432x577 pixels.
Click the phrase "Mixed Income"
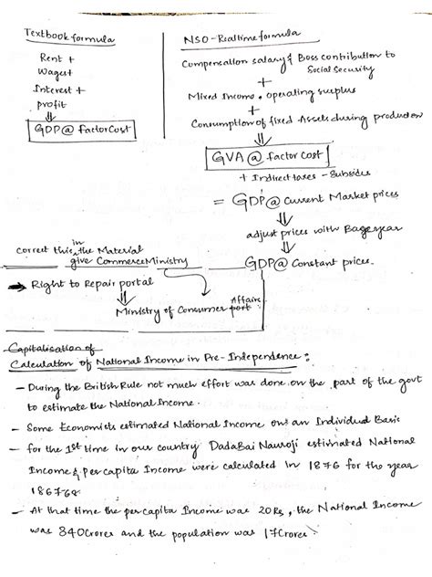pyautogui.click(x=220, y=94)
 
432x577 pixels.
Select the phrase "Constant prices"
pyautogui.click(x=345, y=263)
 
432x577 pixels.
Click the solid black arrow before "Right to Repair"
pyautogui.click(x=17, y=287)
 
